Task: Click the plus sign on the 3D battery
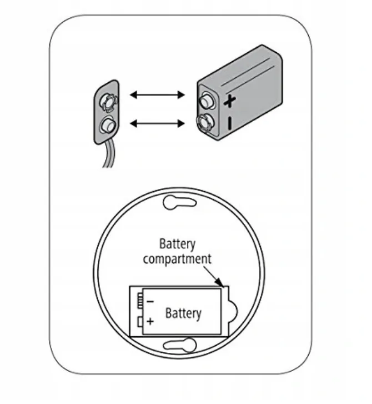coord(229,101)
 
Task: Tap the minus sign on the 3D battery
coord(230,123)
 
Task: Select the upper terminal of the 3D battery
coord(207,100)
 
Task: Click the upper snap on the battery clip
coord(109,102)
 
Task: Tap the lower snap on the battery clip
coord(107,125)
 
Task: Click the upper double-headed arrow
coord(157,95)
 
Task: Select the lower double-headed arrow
coord(157,124)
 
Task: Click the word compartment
coord(177,259)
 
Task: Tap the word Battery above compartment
coord(177,244)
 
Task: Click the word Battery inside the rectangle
coord(183,313)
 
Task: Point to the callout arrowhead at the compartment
coord(220,282)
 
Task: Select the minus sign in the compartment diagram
coord(150,301)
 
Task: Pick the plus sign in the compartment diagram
coord(150,321)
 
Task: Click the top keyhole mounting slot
coord(180,202)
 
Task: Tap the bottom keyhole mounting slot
coord(180,345)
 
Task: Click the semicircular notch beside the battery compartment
coord(233,311)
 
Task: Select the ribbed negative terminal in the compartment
coord(140,301)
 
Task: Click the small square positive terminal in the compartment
coord(140,322)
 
